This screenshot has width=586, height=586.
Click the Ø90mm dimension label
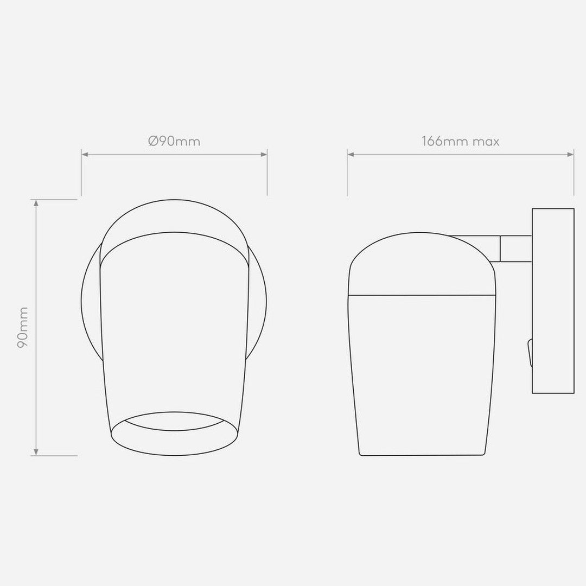coord(174,141)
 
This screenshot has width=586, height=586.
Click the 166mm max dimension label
coord(461,141)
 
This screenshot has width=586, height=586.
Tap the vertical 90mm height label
coord(23,327)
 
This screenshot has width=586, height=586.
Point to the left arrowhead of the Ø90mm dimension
coord(85,154)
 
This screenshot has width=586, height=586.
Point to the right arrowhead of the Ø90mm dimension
coord(264,154)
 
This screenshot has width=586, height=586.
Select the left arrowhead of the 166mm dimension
coord(351,154)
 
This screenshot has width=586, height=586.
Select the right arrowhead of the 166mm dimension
coord(571,154)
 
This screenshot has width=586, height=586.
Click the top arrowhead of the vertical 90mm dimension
coord(36,202)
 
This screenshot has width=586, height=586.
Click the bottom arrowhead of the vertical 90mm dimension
coord(36,452)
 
